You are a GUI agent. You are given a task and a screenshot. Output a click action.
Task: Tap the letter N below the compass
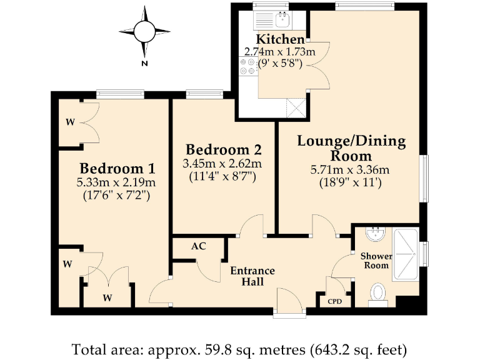click(144, 64)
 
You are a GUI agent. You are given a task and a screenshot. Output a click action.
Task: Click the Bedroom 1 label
click(117, 169)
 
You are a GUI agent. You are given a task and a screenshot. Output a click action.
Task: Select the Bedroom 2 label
click(223, 150)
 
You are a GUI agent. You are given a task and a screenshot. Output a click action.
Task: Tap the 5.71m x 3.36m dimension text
click(350, 169)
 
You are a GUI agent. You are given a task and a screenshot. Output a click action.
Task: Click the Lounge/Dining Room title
click(351, 148)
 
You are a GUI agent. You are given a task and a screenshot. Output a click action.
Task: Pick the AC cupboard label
click(199, 246)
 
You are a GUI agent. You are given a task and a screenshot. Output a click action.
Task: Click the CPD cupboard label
click(335, 301)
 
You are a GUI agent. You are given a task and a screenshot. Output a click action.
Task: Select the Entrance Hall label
click(252, 276)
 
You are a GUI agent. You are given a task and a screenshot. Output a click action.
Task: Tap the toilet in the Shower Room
click(377, 292)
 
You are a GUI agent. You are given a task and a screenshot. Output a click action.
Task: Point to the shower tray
click(406, 257)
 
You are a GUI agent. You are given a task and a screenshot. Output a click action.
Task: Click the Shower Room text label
click(376, 261)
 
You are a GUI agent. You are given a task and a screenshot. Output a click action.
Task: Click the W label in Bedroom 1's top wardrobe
click(69, 122)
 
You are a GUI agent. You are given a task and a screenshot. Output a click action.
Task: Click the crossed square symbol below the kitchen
click(295, 107)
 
